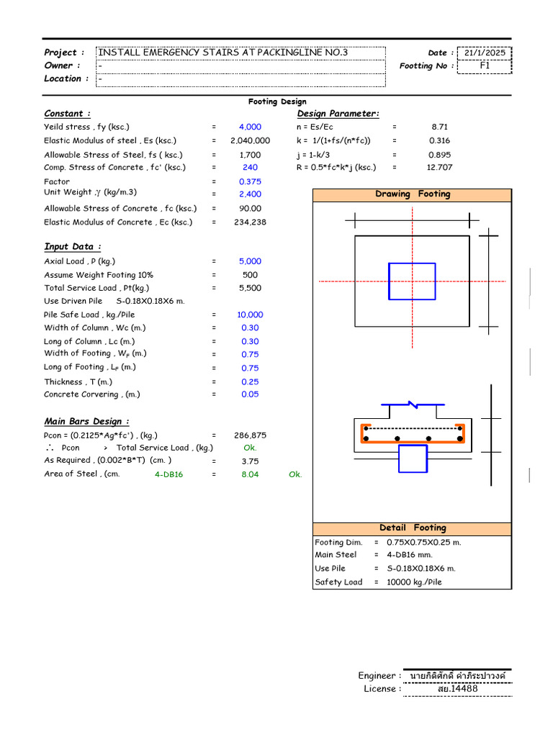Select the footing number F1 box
pyautogui.click(x=485, y=65)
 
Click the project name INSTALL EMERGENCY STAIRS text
pyautogui.click(x=223, y=53)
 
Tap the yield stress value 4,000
pyautogui.click(x=250, y=127)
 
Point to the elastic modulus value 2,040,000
pyautogui.click(x=250, y=141)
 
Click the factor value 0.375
pyautogui.click(x=250, y=182)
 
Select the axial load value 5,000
pyautogui.click(x=250, y=261)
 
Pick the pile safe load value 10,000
pyautogui.click(x=250, y=315)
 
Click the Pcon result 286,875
pyautogui.click(x=250, y=435)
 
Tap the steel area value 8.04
pyautogui.click(x=250, y=475)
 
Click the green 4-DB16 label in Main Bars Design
pyautogui.click(x=169, y=475)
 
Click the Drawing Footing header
pyautogui.click(x=413, y=194)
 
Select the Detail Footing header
pyautogui.click(x=413, y=528)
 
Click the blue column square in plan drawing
pyautogui.click(x=412, y=281)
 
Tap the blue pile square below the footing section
pyautogui.click(x=412, y=458)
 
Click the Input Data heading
pyautogui.click(x=72, y=247)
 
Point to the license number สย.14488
pyautogui.click(x=457, y=689)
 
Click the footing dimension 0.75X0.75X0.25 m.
pyautogui.click(x=424, y=542)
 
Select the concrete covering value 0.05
pyautogui.click(x=250, y=394)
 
